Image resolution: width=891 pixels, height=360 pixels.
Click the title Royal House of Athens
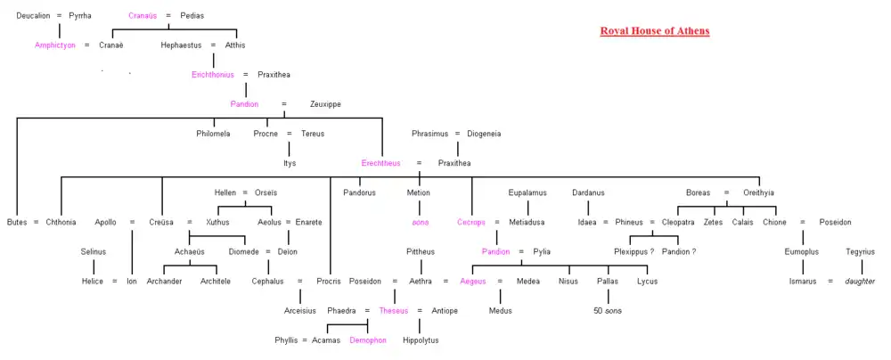(655, 31)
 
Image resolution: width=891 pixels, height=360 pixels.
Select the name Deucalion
(34, 16)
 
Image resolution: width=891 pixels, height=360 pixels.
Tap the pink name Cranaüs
(143, 16)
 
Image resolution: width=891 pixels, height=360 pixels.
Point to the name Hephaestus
(182, 45)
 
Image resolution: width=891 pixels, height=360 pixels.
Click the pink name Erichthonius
(212, 74)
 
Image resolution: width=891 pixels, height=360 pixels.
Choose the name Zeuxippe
(325, 104)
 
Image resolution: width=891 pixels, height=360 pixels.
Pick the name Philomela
(213, 134)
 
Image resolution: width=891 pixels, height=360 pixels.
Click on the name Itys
(290, 163)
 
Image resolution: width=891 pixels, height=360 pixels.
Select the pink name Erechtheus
(382, 163)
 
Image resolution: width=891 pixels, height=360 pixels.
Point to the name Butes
(17, 222)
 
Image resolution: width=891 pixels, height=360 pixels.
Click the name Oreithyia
(758, 192)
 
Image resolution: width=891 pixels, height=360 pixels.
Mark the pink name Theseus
(393, 311)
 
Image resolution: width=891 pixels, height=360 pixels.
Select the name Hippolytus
(421, 340)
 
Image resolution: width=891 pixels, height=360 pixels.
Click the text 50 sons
(607, 311)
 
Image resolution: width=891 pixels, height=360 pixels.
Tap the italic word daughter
(861, 282)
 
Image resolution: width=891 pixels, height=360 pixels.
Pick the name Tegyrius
(860, 252)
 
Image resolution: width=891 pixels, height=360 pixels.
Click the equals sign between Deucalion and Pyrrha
(60, 16)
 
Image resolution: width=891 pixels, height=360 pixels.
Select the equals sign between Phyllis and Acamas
(304, 340)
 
